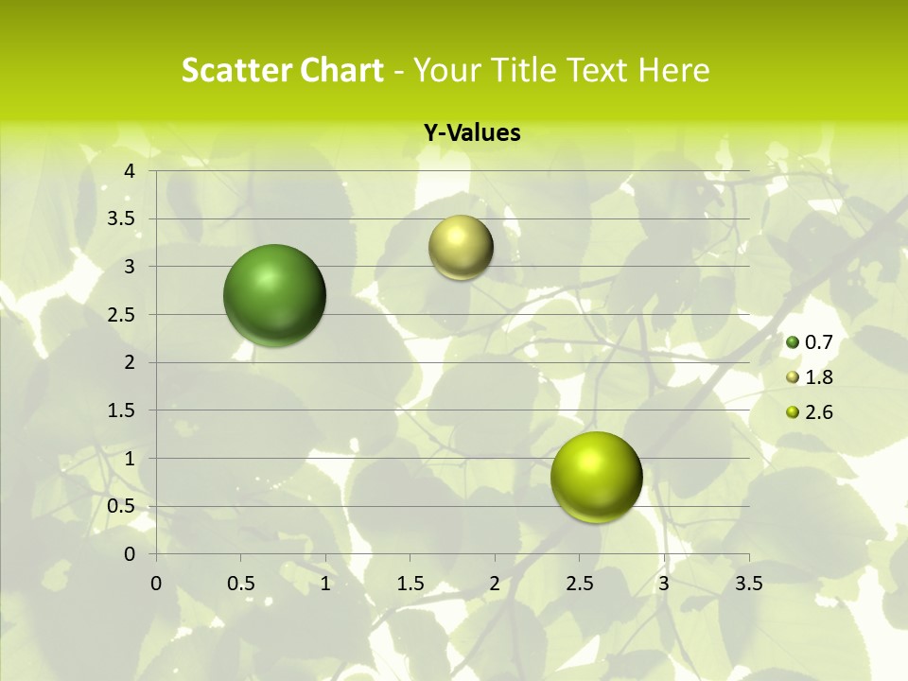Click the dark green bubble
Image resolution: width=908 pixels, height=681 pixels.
[274, 295]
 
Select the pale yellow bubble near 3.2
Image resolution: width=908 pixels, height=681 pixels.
[461, 248]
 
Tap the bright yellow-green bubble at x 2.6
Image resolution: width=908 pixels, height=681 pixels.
[596, 477]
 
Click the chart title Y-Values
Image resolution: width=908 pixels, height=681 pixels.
[472, 133]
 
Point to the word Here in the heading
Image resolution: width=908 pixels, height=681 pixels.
[672, 70]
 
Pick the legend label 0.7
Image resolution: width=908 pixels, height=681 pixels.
[818, 342]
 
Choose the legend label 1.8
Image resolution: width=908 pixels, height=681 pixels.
[818, 377]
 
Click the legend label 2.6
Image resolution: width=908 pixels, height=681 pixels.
[818, 412]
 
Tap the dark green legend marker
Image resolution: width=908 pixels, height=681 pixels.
[793, 342]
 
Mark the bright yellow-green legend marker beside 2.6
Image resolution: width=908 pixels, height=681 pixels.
[793, 412]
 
